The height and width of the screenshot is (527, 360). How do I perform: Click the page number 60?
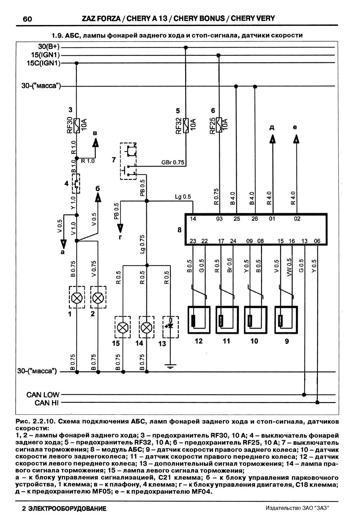27,19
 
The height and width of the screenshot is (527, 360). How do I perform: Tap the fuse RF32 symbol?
186,125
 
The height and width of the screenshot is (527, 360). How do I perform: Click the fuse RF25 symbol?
219,125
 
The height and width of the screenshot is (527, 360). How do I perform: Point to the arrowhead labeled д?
272,139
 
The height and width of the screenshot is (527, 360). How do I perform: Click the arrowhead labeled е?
296,139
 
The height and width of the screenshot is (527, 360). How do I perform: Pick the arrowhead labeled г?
121,227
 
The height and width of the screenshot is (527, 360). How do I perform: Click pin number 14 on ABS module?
193,219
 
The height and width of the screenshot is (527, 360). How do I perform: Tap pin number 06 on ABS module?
317,241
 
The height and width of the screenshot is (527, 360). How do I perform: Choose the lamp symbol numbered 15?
123,328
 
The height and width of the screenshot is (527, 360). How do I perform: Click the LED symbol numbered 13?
171,326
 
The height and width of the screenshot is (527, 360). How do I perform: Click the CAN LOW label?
43,395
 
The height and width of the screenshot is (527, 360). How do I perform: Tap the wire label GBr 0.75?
173,163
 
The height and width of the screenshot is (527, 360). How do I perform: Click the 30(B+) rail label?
49,47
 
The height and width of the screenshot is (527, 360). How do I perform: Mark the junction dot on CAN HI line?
318,402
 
